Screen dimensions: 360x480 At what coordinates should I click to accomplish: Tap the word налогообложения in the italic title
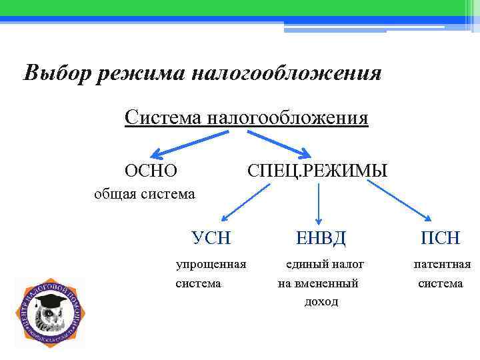click(287, 73)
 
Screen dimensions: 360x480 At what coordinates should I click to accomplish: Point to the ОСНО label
click(151, 171)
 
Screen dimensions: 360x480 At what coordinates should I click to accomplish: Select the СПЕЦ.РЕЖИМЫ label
click(317, 171)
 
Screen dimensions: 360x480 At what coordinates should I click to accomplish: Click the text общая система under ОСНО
click(144, 194)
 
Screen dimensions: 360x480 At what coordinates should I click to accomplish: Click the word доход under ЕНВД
click(321, 302)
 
